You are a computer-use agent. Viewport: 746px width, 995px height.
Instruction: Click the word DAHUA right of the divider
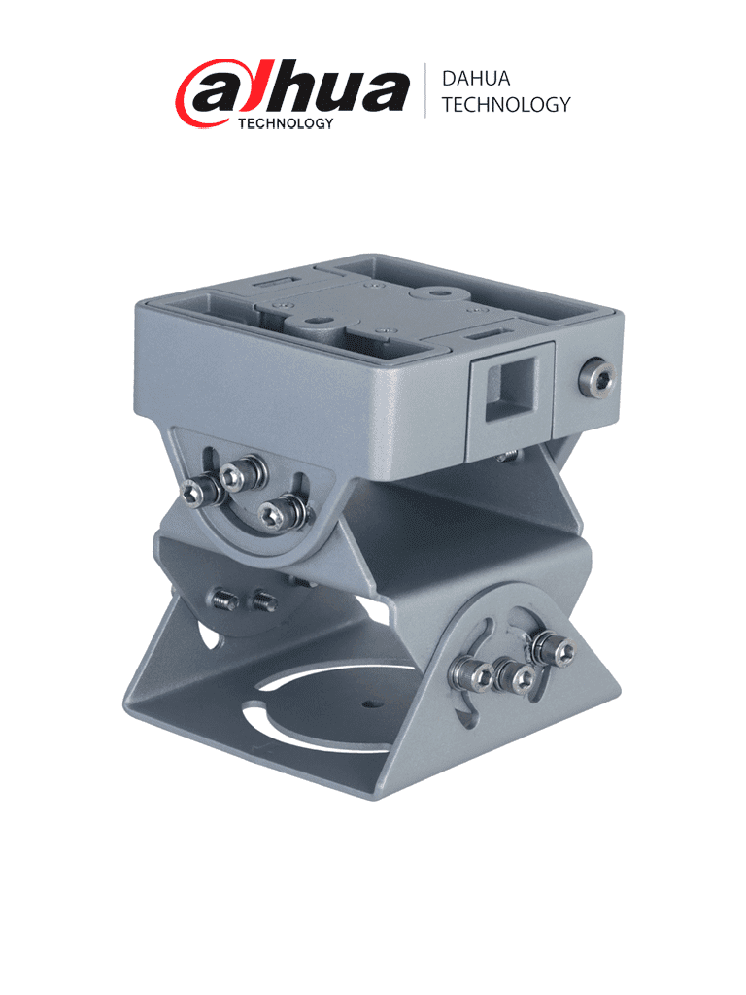(x=476, y=80)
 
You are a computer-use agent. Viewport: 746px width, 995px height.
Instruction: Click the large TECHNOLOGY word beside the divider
(x=505, y=105)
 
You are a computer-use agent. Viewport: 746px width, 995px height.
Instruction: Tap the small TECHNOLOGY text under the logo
(x=287, y=123)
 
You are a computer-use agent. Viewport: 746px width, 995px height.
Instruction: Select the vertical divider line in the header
(x=424, y=91)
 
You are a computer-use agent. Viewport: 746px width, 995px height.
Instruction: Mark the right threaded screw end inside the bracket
(x=262, y=602)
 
